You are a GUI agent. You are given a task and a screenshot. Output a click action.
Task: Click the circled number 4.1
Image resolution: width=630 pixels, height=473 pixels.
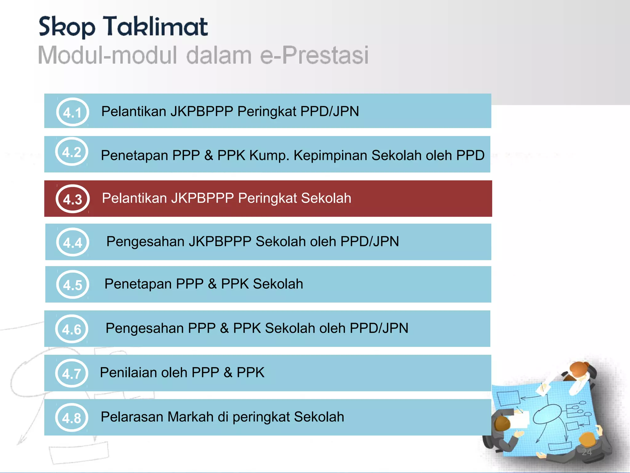[73, 112]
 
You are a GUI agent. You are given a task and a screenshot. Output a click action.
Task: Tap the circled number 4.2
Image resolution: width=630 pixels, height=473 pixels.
[72, 152]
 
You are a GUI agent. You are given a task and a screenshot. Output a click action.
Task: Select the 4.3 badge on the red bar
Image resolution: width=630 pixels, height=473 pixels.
[73, 199]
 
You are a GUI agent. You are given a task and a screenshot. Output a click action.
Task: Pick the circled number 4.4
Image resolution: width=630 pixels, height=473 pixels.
[73, 243]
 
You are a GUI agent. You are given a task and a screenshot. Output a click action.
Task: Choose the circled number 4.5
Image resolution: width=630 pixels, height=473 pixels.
[73, 285]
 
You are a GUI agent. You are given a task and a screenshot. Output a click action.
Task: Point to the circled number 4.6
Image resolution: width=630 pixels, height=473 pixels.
[72, 329]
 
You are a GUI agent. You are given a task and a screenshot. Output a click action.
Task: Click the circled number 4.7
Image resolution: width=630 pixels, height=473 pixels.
[72, 374]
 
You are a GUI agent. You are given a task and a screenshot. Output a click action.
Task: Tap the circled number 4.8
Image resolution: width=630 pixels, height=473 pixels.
[72, 418]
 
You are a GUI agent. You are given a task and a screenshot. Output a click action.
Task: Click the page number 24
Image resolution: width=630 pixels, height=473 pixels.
[587, 452]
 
